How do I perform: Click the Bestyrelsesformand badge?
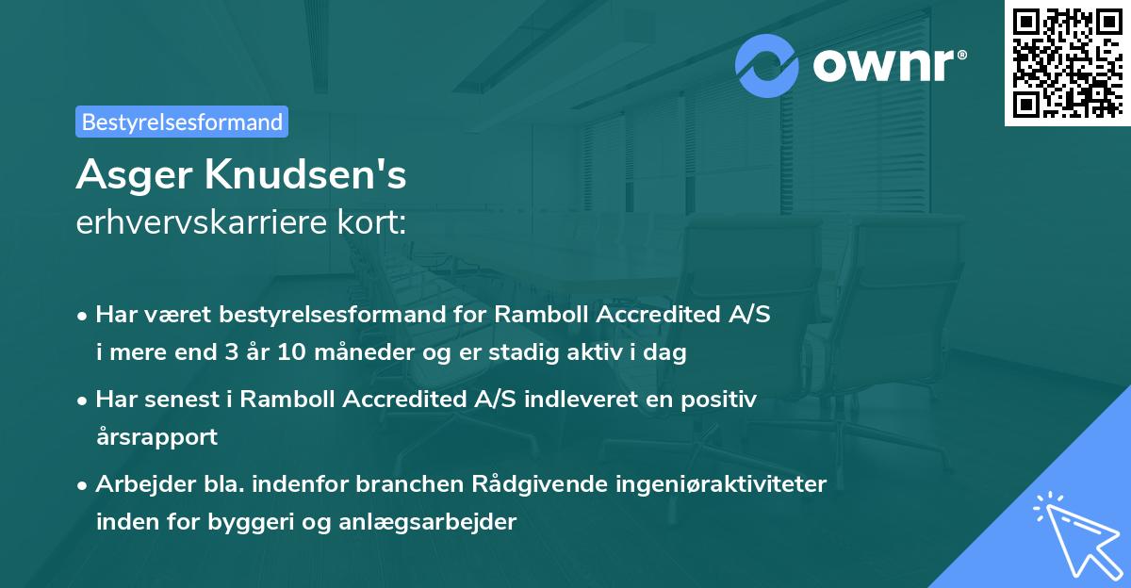pyautogui.click(x=182, y=122)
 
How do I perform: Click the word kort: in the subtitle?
pyautogui.click(x=372, y=222)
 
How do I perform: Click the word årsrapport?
pyautogui.click(x=156, y=437)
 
